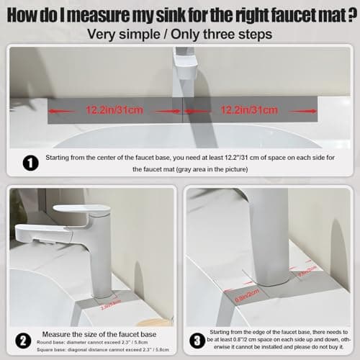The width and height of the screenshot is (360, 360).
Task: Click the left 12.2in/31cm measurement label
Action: [114, 110]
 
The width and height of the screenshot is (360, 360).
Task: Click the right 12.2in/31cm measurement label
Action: [251, 110]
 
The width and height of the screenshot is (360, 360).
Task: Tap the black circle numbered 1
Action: [30, 163]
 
